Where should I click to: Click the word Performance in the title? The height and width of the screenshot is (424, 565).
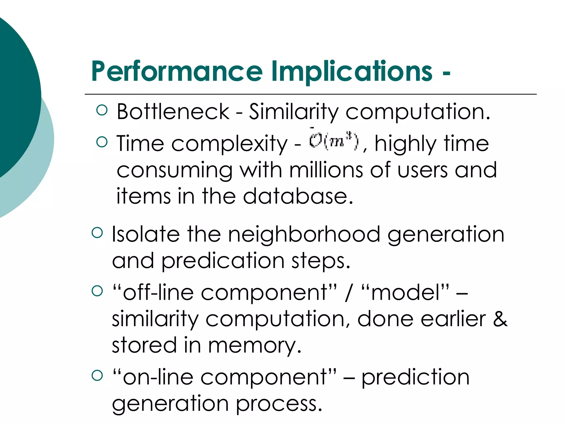177,72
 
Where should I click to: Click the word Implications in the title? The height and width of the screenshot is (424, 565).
352,72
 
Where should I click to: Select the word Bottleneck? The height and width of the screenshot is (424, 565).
173,112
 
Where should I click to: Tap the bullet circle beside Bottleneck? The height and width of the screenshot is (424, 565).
102,110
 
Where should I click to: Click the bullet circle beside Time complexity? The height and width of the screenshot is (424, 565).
102,142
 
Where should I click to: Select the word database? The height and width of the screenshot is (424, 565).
298,196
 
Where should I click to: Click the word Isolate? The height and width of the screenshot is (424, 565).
146,234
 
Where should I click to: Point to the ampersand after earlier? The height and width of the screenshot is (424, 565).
500,319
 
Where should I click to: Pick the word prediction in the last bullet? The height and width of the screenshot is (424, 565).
415,377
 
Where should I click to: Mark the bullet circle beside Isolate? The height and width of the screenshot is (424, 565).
97,233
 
